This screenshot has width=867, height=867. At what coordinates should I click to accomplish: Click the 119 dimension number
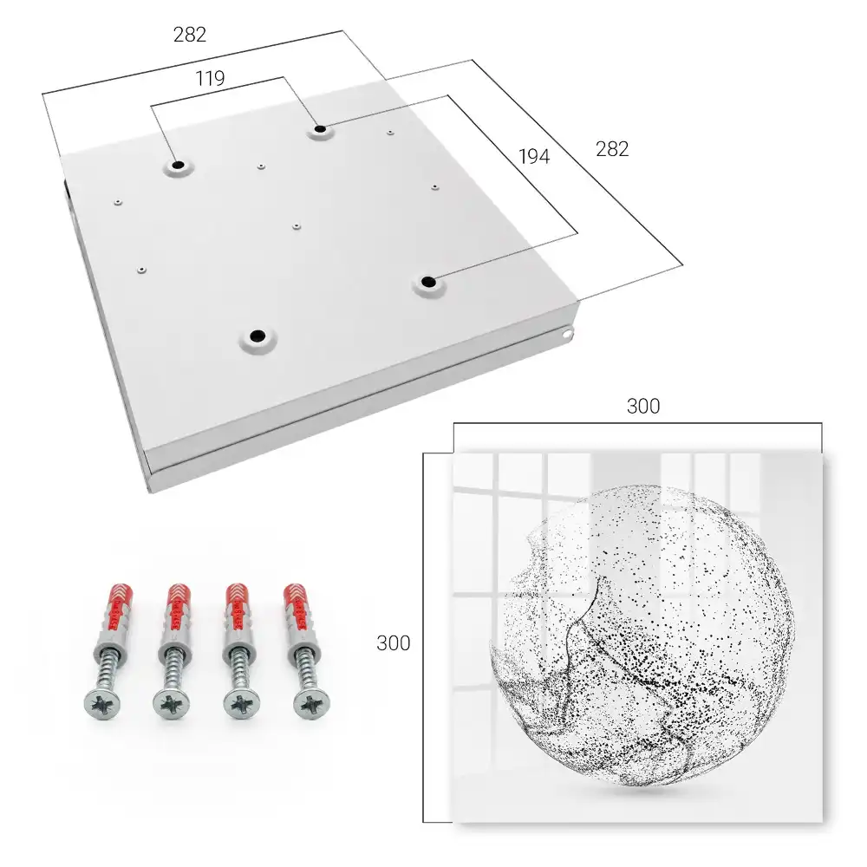210,79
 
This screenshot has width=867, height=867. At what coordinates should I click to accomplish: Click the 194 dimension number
534,157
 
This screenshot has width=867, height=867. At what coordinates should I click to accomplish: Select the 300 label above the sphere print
643,407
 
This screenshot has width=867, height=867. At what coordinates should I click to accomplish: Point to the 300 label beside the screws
393,643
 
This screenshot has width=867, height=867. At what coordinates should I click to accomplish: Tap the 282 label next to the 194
612,149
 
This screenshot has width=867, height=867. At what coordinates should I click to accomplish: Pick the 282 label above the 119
190,35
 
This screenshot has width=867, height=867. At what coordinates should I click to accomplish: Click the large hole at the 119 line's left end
178,165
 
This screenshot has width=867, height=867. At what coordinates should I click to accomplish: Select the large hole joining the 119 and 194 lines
320,130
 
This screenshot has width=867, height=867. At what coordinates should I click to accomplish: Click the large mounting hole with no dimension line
257,336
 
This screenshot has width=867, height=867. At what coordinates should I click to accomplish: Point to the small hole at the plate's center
297,226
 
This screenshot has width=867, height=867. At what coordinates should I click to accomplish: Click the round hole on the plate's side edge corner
567,334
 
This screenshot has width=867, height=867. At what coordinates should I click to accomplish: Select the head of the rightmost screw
312,705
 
